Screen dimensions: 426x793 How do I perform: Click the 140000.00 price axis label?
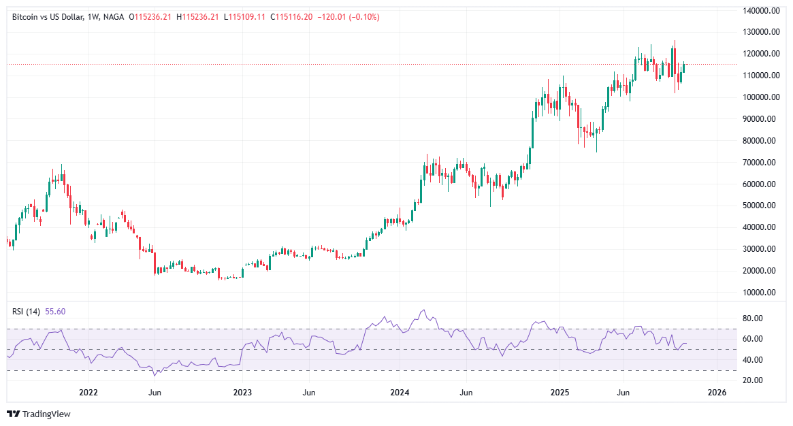click(760, 10)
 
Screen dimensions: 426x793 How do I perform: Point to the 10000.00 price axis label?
click(761, 293)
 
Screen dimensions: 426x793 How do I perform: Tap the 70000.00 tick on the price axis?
click(761, 162)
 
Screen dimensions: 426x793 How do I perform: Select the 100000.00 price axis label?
click(760, 97)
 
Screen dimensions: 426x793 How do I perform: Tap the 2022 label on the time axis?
click(88, 393)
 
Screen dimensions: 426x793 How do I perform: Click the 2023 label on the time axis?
click(242, 393)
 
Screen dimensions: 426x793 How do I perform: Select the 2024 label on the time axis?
click(400, 393)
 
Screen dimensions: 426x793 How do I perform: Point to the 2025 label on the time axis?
click(560, 393)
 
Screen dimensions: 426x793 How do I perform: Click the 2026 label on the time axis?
click(717, 393)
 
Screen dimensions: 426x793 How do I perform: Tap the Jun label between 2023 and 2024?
click(309, 393)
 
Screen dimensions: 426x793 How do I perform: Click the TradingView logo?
click(39, 414)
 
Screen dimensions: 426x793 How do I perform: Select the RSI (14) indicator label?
click(26, 312)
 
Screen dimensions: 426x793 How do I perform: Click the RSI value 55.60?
click(56, 312)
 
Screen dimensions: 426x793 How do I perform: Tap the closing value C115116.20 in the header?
click(291, 16)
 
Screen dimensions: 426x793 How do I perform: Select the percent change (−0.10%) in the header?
click(366, 16)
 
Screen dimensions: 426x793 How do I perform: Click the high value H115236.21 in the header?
click(197, 16)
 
